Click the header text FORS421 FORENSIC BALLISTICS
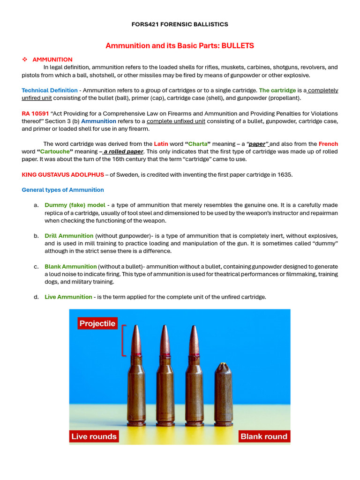(x=180, y=24)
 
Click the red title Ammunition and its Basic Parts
(x=180, y=45)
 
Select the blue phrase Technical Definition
(x=50, y=90)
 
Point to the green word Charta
(x=197, y=144)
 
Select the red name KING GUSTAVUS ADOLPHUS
(x=63, y=175)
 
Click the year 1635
(x=285, y=175)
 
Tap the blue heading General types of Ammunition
(x=63, y=190)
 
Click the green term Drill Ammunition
(x=69, y=236)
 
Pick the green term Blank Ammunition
(x=71, y=267)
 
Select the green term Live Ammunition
(x=68, y=297)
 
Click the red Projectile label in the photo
(x=97, y=323)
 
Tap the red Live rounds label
(x=94, y=436)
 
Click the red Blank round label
(x=263, y=436)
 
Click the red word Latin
(x=161, y=144)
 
